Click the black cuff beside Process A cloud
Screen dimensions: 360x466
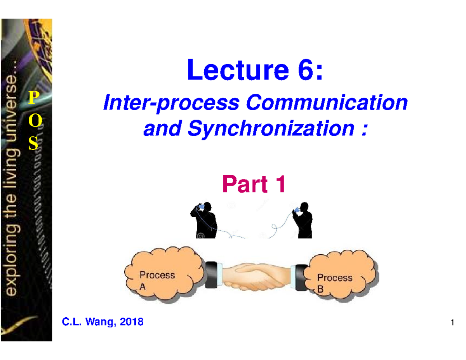212,274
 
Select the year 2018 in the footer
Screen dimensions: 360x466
131,322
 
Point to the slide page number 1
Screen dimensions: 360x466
452,323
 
